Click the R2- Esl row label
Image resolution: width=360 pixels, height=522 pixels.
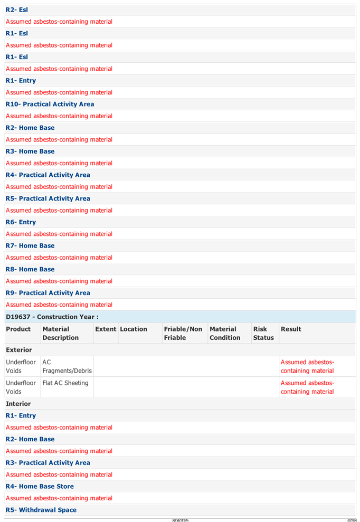(17, 10)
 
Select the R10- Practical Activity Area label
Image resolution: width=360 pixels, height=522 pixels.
(50, 104)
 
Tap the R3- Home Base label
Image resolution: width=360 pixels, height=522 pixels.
(30, 151)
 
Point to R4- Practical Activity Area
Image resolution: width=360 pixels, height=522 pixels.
(48, 175)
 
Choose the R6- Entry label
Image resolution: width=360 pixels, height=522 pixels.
(21, 222)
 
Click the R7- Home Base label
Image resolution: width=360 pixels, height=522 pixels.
(30, 246)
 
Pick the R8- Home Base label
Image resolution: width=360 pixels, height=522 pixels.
(30, 269)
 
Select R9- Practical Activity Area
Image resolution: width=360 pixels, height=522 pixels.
(48, 293)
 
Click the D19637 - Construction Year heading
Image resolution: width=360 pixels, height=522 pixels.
(52, 317)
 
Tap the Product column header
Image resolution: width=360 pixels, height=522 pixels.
(18, 329)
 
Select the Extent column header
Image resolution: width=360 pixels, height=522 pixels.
(106, 329)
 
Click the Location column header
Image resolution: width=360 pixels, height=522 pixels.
(134, 329)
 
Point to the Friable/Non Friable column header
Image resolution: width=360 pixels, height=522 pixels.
(183, 333)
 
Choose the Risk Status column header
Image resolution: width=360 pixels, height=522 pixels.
(263, 333)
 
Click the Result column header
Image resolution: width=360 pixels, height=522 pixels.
(291, 329)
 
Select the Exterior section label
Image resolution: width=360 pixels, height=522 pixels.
(19, 350)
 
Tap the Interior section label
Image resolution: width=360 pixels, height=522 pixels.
(18, 404)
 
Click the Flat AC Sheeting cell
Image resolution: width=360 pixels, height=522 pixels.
(65, 383)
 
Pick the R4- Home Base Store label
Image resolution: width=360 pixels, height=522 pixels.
(40, 486)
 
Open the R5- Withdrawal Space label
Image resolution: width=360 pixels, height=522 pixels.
(41, 510)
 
